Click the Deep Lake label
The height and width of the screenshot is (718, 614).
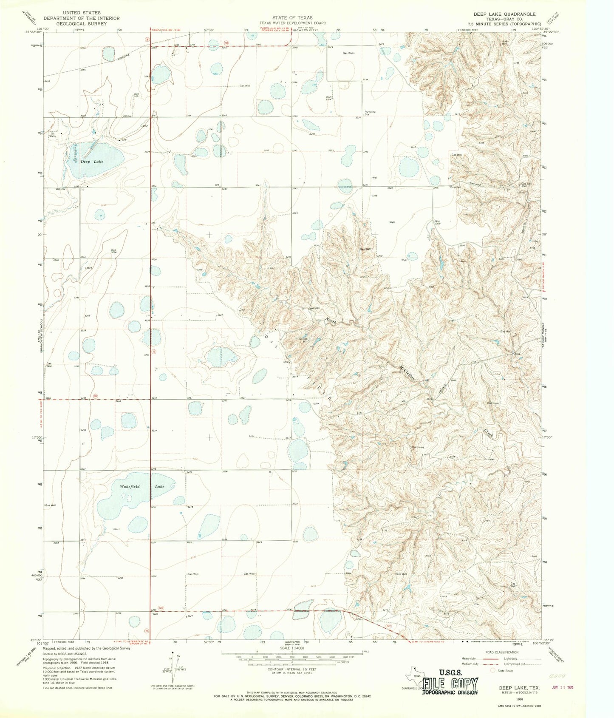coord(92,162)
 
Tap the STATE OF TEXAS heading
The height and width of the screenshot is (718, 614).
coord(293,18)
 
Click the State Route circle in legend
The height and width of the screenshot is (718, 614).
coord(493,670)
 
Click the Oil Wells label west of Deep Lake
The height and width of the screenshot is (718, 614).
coord(54,135)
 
